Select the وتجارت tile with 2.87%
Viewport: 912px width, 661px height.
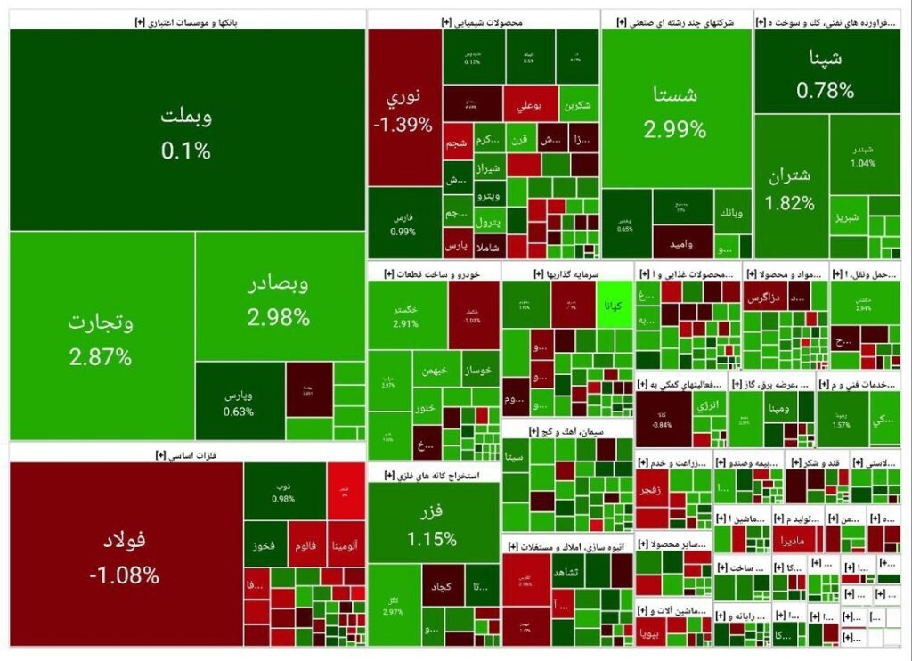click(x=102, y=339)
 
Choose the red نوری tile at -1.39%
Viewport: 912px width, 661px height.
click(x=404, y=109)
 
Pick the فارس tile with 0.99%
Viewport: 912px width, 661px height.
click(x=403, y=223)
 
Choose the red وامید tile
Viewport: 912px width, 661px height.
click(x=682, y=239)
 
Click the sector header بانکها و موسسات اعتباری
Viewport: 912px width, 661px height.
click(x=187, y=20)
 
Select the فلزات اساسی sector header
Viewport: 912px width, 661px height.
click(x=187, y=454)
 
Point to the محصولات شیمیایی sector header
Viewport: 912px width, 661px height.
click(x=483, y=20)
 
